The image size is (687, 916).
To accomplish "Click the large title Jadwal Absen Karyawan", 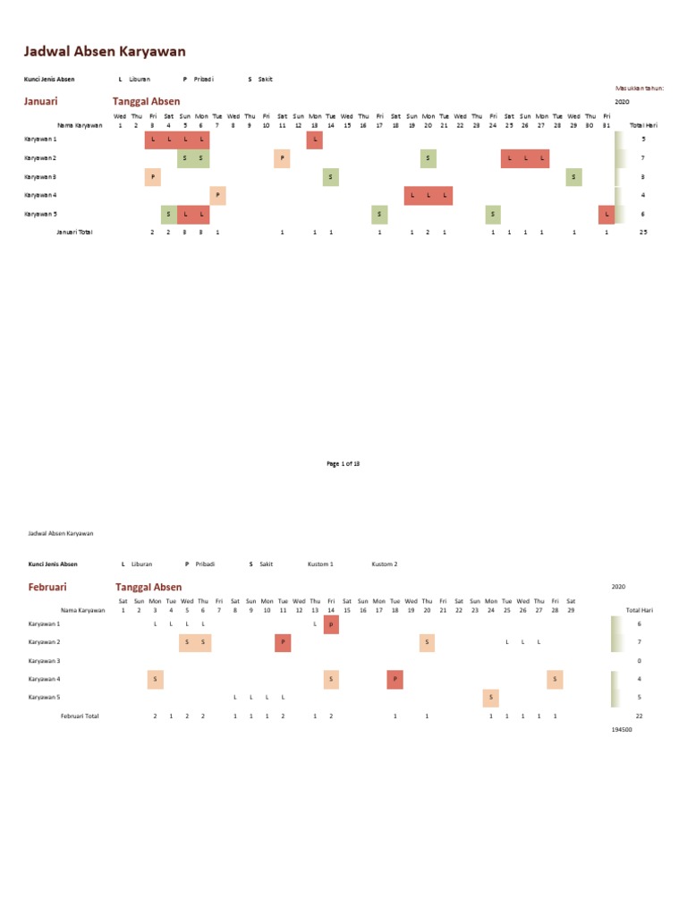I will coord(105,52).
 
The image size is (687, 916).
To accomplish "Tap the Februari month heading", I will coord(47,587).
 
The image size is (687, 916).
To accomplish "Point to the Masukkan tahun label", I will coord(640,89).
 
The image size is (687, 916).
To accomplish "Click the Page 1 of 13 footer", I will coord(343,464).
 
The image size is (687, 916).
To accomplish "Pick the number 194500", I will coord(623,730).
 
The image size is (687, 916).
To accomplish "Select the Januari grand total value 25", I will coord(642,232).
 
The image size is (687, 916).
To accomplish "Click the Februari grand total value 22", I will coord(639,717).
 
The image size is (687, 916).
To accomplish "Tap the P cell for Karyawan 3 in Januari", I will coord(153,177).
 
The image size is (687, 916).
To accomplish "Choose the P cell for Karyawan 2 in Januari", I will coord(283,158).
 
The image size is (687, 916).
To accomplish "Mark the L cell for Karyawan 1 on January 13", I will coord(315,140).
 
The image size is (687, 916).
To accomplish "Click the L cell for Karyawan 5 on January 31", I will coord(607,215).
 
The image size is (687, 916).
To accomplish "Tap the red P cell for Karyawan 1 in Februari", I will coord(331,624).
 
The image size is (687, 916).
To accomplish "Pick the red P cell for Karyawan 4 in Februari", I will coord(395,680).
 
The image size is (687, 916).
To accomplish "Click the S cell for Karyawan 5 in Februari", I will coord(491,698).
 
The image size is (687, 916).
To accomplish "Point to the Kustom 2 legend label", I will coord(385,564).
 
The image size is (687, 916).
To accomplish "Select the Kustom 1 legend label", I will coord(320,564).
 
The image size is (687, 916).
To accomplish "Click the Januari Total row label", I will coord(74,232).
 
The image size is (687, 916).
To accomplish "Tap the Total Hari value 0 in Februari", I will coord(639,661).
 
